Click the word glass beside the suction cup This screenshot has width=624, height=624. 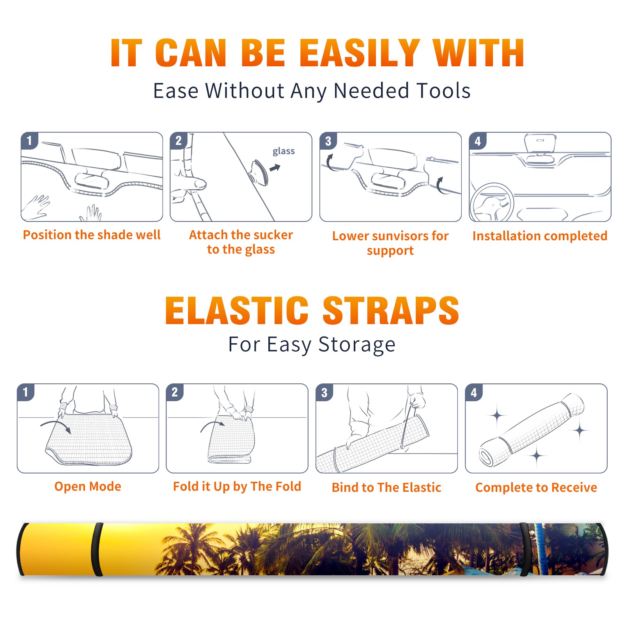tap(284, 151)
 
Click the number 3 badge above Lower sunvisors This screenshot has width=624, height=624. tap(328, 141)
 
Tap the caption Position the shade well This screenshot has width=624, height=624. tap(92, 235)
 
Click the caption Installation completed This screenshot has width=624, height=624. tap(540, 236)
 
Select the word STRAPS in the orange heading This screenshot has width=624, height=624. tap(391, 310)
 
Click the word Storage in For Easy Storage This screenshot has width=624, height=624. tap(357, 345)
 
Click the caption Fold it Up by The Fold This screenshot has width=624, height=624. tap(237, 486)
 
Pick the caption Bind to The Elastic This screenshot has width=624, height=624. tap(386, 487)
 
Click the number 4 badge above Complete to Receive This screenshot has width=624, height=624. tap(474, 393)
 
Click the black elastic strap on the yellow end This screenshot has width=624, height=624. tap(97, 550)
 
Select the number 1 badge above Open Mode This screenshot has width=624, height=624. tap(25, 392)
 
